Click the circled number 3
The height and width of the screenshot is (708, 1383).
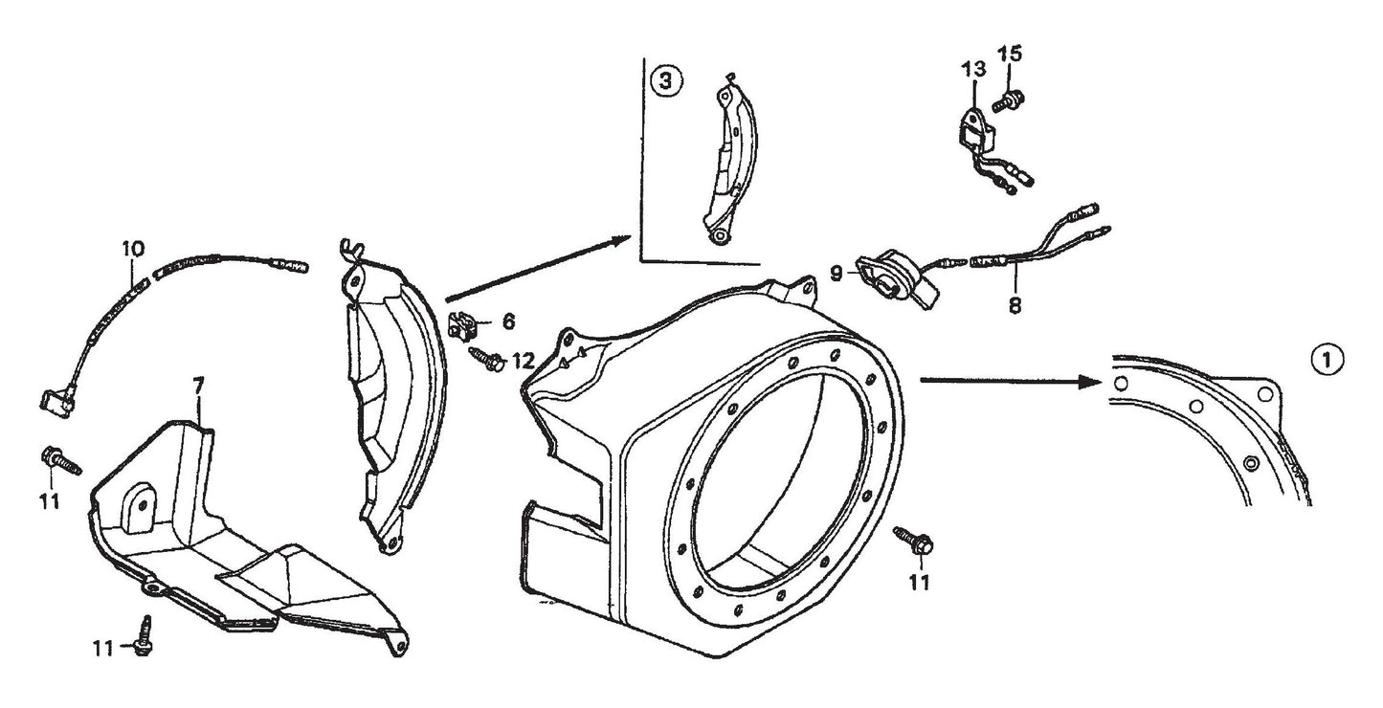[x=667, y=82]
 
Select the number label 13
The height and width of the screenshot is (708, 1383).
[x=972, y=69]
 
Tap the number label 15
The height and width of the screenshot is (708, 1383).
[x=1011, y=53]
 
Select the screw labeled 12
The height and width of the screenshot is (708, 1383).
[x=485, y=360]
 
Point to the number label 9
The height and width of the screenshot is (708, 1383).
[x=836, y=274]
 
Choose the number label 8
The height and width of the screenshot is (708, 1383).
[x=1015, y=307]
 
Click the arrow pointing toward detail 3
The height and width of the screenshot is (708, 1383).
[x=536, y=269]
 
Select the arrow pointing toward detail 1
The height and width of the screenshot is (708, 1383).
[x=1005, y=381]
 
